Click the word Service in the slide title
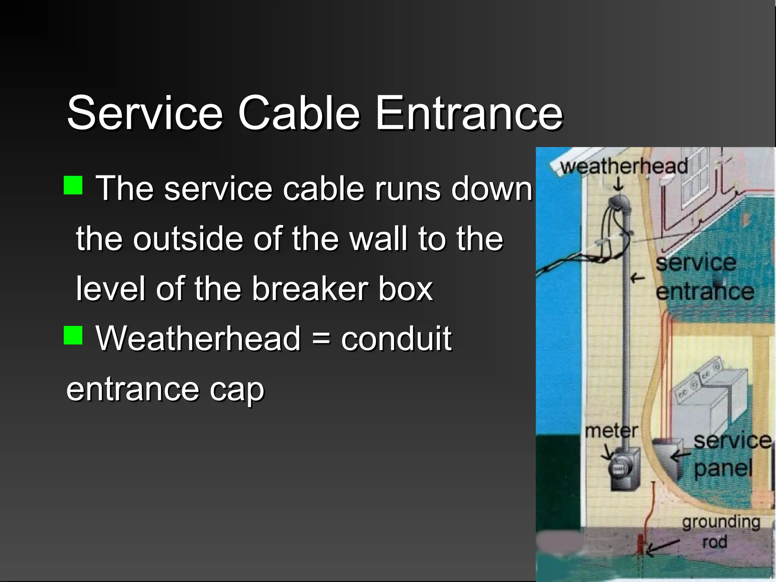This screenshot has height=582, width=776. coord(145,113)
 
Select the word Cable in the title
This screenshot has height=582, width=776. coord(299,113)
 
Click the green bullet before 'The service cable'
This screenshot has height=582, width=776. coord(73,185)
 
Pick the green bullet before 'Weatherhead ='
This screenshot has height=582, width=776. coord(73,335)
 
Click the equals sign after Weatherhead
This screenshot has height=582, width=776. coord(321,338)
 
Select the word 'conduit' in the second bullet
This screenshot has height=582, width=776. coord(396,338)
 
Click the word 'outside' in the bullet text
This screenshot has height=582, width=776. coord(187,239)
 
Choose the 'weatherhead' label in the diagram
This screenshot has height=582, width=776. coord(624,166)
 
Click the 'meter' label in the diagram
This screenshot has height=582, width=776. coord(611,431)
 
